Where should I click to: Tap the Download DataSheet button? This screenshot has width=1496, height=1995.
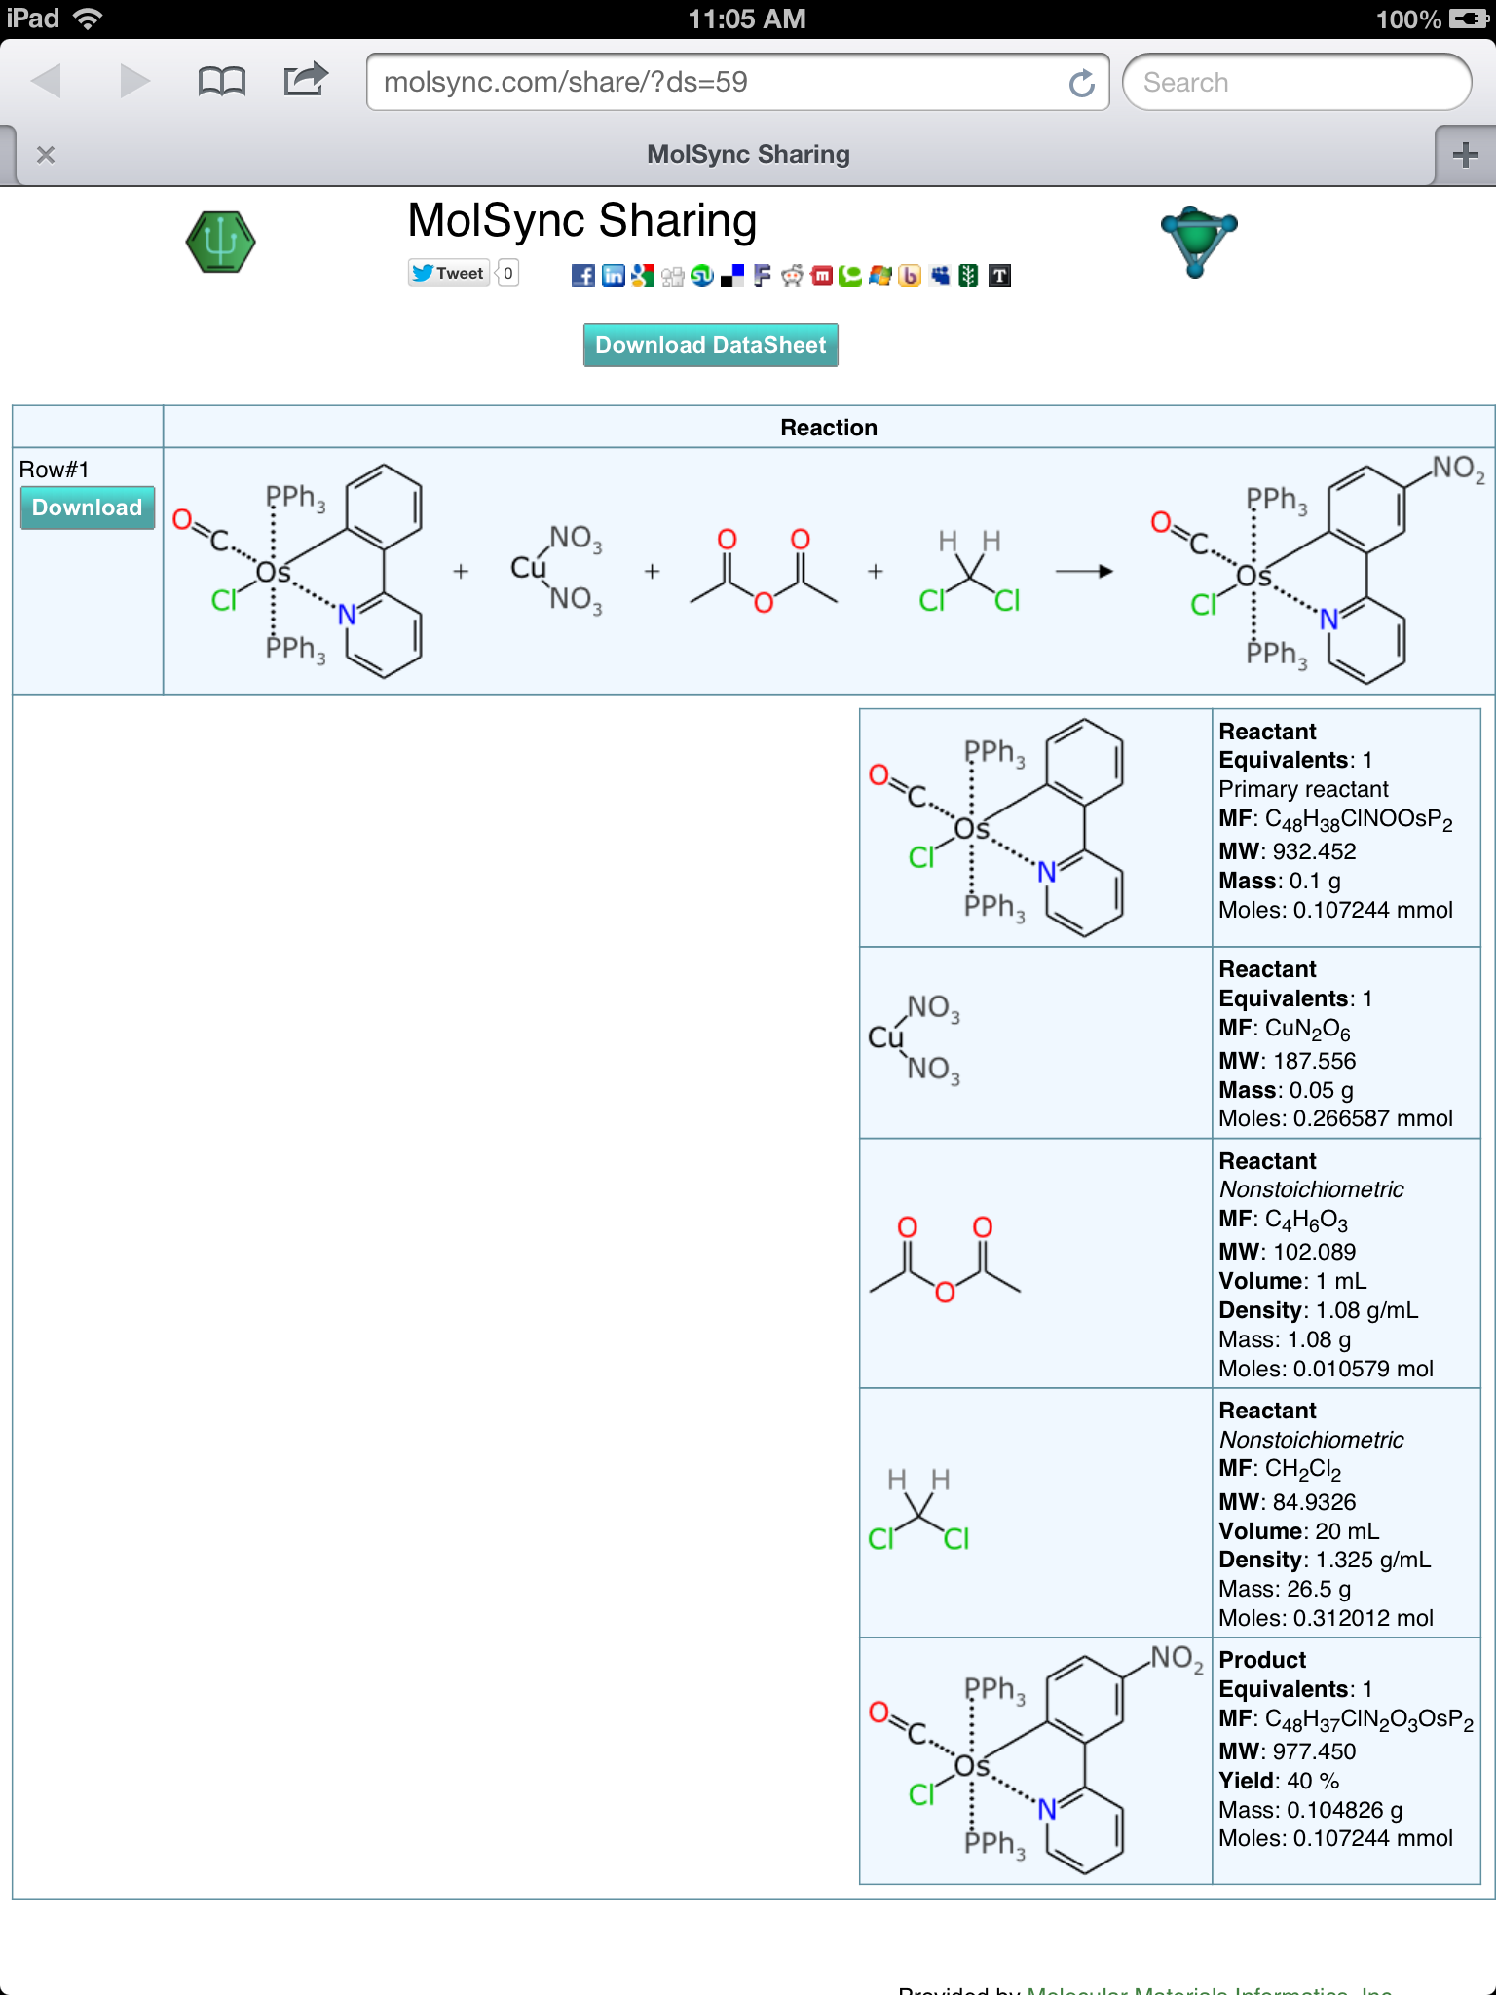click(710, 345)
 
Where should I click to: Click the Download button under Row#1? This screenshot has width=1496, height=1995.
click(87, 508)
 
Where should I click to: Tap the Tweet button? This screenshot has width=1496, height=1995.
click(448, 274)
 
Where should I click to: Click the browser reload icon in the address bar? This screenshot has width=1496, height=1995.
click(1081, 84)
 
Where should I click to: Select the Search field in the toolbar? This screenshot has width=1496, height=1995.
click(1295, 83)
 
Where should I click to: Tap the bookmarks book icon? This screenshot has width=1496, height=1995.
click(221, 82)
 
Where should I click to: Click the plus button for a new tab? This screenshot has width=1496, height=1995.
click(1465, 155)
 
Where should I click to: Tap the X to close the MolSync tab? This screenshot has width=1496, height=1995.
click(45, 155)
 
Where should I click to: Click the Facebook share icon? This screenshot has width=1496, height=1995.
click(582, 276)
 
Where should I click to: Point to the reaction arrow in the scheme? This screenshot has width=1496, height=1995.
click(1083, 571)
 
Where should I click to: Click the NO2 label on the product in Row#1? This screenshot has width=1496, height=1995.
click(1457, 469)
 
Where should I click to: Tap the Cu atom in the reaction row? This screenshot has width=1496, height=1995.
click(528, 567)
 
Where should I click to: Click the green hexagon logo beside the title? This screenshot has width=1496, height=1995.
click(221, 242)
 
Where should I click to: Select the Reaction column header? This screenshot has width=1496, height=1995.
click(828, 428)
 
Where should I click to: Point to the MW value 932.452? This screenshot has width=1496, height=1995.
click(1314, 851)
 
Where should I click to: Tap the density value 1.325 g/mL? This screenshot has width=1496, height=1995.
click(1372, 1560)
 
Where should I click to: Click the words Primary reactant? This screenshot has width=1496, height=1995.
click(1303, 789)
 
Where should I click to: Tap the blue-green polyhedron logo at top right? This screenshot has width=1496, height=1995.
click(1198, 240)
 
